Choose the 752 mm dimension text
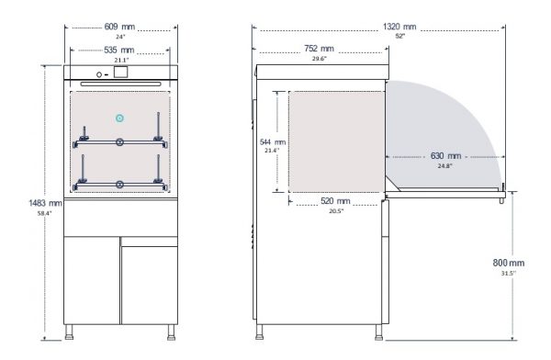[x=320, y=50]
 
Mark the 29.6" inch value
[x=320, y=59]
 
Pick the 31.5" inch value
[x=509, y=273]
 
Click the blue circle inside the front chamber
[x=119, y=118]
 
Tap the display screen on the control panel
[x=119, y=71]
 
